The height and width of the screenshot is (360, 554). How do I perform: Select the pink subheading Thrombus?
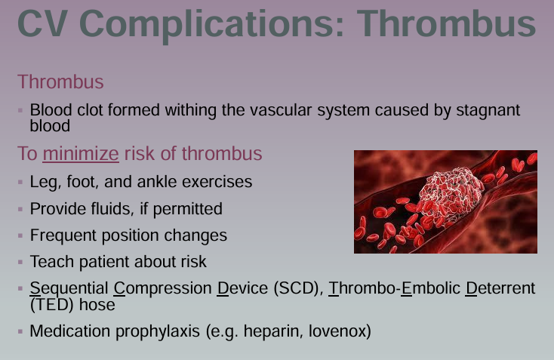60,82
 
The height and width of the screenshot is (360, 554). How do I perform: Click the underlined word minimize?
81,154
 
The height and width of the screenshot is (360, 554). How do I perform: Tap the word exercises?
217,182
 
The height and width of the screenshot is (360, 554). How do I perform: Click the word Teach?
50,262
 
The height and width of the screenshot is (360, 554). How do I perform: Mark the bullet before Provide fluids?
21,209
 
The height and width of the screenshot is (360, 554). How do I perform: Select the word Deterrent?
500,288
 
